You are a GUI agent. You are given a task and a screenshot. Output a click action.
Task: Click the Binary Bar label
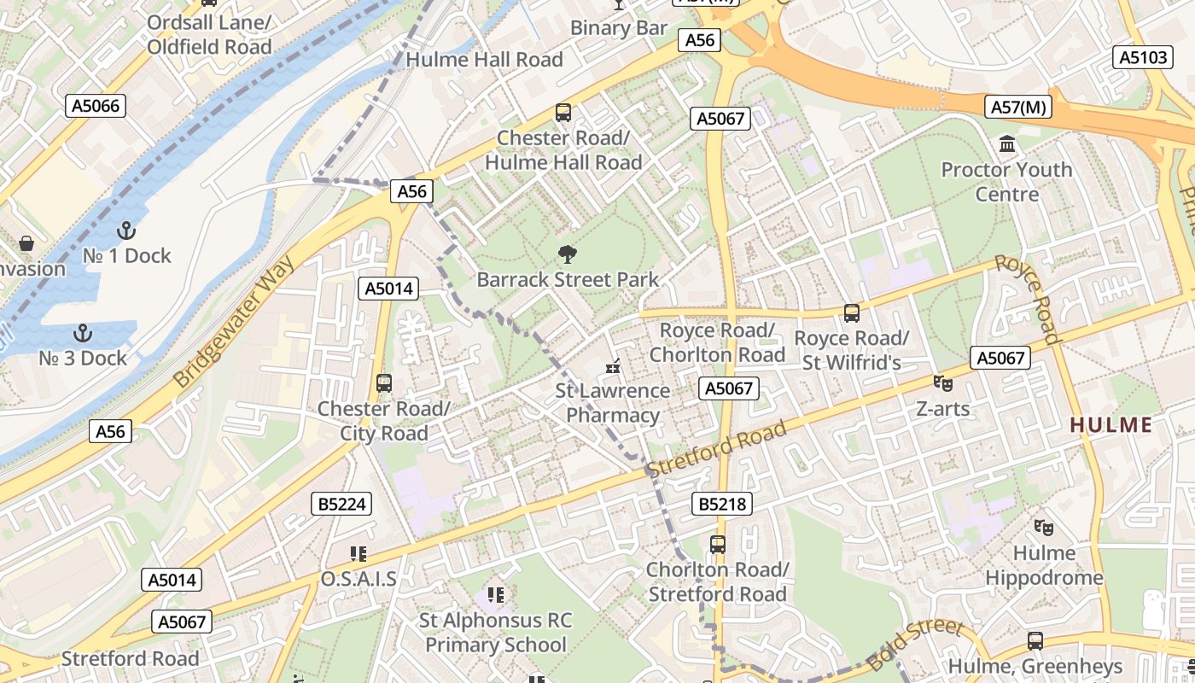point(618,27)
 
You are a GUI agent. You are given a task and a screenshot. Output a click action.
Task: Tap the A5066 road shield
point(96,106)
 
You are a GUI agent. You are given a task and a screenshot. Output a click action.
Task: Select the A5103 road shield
point(1142,57)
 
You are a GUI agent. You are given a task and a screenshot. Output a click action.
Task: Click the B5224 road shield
point(341,505)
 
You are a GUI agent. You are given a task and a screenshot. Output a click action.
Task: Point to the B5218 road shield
point(722,505)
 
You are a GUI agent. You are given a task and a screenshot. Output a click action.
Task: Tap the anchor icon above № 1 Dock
point(126,231)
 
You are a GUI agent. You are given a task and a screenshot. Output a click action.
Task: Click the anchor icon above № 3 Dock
point(83,333)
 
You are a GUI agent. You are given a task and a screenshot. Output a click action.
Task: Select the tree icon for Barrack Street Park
point(566,254)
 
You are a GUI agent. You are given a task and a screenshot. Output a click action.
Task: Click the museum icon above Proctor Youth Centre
point(1007,144)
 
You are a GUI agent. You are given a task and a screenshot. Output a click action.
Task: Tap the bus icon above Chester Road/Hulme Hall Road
point(563,113)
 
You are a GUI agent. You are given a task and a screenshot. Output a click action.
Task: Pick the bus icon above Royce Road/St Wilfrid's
point(851,313)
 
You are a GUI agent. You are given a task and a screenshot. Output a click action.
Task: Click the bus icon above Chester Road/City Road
point(383,383)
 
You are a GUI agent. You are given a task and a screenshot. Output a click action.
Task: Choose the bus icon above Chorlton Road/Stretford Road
point(717,544)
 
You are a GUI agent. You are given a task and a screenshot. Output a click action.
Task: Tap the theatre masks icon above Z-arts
point(942,383)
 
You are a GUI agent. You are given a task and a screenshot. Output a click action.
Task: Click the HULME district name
point(1110,424)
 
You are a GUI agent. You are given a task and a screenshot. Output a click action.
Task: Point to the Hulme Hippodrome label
point(1044,565)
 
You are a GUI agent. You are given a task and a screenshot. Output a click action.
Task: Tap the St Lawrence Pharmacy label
point(613,403)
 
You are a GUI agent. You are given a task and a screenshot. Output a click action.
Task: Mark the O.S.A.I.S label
point(358,579)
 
